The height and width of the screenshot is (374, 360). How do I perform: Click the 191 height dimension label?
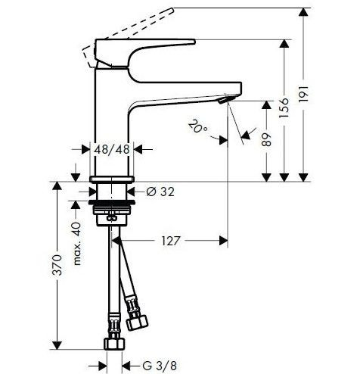(x=303, y=94)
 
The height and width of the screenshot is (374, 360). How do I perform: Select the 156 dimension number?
(x=284, y=108)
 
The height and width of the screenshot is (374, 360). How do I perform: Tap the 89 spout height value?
(x=266, y=139)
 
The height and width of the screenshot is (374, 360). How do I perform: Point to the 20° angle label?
(x=197, y=126)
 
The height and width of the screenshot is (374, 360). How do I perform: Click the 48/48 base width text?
(x=112, y=149)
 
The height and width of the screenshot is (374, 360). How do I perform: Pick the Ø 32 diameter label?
(x=160, y=192)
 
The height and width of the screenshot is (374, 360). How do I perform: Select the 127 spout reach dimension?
(x=171, y=241)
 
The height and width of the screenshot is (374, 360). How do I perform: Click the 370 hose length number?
(x=57, y=265)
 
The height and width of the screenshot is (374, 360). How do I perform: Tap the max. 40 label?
(x=77, y=243)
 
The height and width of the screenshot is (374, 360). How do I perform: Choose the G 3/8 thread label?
(x=160, y=365)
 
